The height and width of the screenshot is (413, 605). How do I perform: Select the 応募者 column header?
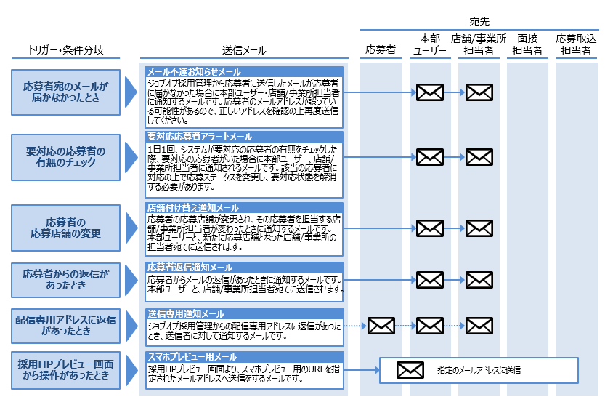381,50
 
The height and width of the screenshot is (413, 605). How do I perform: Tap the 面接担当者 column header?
527,44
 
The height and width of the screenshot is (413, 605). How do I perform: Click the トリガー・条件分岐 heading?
66,50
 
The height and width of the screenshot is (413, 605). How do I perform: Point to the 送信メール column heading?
243,50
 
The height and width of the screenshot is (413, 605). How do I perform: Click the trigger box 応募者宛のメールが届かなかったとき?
66,92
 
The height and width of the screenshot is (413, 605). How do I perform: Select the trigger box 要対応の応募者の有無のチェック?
66,156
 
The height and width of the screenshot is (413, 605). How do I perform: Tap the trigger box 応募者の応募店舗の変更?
66,228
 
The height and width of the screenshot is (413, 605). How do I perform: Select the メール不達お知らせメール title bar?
243,72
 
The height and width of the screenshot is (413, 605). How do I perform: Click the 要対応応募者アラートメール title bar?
243,137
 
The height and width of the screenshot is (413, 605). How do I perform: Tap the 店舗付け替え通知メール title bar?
243,208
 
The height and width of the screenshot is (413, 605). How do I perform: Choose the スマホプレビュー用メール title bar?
243,357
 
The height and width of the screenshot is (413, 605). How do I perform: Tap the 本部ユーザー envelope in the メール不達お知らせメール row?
430,92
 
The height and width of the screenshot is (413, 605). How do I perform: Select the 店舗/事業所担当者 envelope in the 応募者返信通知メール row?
479,279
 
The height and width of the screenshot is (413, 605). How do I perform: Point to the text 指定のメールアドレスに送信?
479,370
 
